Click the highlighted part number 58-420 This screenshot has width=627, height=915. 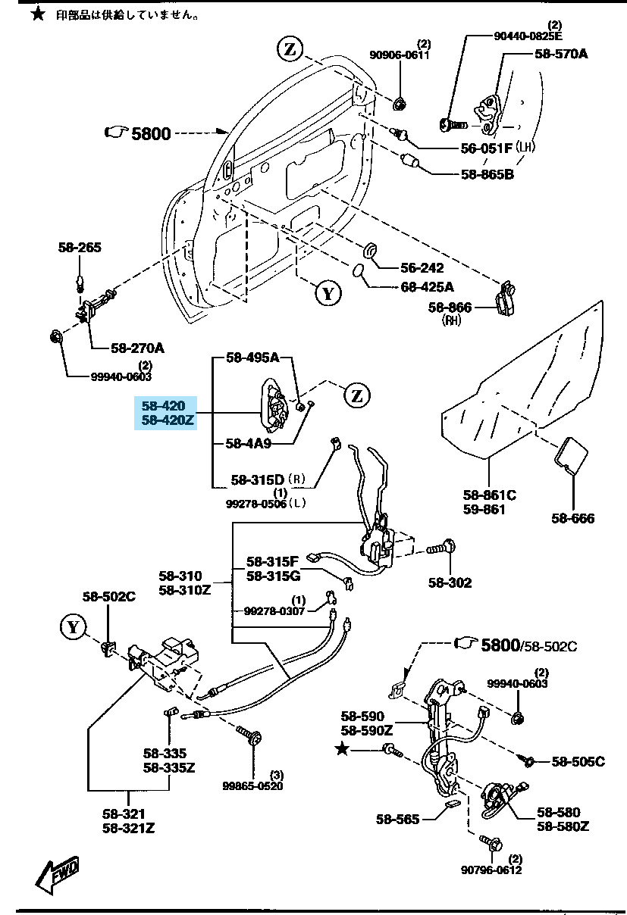point(163,407)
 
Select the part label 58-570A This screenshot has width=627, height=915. point(561,54)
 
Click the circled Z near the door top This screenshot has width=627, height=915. point(289,50)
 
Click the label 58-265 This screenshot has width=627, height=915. point(80,247)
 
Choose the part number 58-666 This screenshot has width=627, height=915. point(573,519)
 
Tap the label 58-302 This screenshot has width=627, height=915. point(450,582)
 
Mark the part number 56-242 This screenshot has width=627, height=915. point(422,268)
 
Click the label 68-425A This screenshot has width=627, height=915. point(427,287)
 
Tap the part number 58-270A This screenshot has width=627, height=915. point(137,348)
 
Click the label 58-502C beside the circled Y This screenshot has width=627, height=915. point(108,597)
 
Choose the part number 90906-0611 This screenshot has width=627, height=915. point(400,55)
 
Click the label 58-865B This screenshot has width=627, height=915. point(487,175)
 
